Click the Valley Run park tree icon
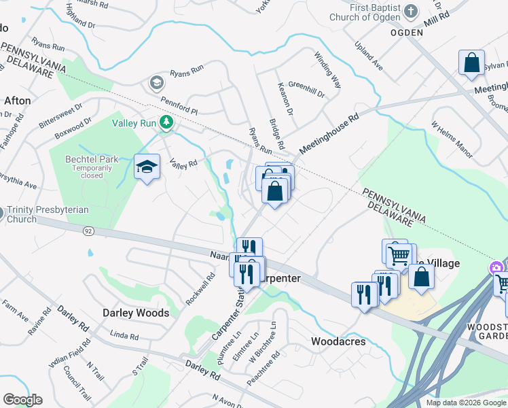point(166,122)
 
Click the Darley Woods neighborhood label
point(135,313)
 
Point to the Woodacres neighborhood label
point(338,341)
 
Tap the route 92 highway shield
point(88,231)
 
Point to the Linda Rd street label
point(124,336)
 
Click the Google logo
point(22,399)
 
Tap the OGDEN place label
point(407,32)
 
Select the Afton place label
point(18,101)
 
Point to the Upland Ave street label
point(369,55)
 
